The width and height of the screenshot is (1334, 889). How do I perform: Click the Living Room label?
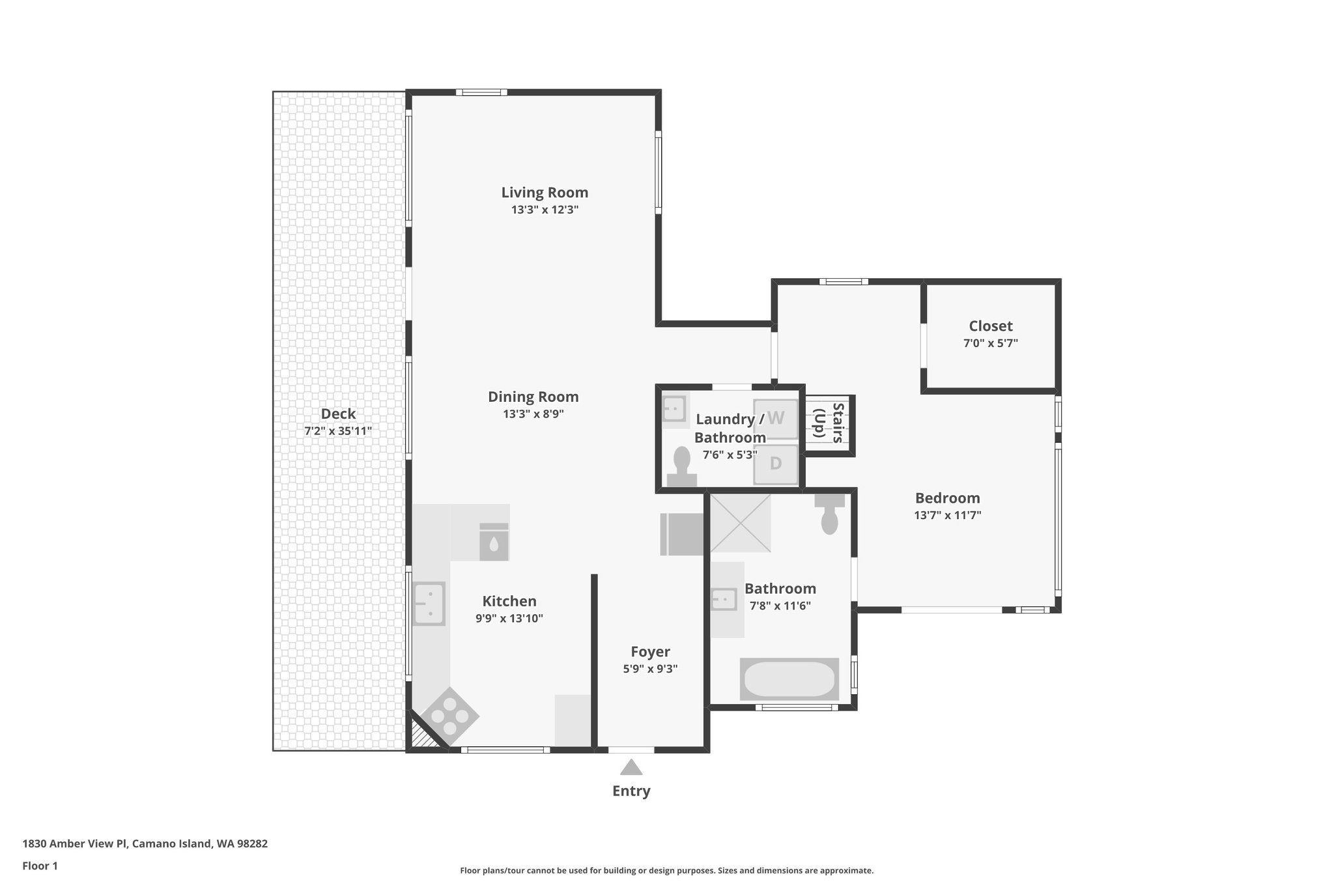point(545,193)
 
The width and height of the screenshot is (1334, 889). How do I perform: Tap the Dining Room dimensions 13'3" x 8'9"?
point(533,414)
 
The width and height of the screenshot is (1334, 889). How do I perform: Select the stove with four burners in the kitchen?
point(449,717)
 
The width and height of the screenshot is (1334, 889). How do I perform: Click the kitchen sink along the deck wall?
point(429,603)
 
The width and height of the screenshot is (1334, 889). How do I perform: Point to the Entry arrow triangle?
point(631,768)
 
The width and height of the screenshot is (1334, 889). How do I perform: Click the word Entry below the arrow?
point(631,791)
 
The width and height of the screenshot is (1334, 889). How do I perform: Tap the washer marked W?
point(776,418)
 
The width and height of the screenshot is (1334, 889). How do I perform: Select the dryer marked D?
point(775,464)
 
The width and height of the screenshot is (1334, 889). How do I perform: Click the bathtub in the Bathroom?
point(789,679)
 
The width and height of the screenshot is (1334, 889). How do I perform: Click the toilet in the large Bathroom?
point(829,515)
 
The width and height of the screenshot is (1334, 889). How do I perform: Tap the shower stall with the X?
point(740,523)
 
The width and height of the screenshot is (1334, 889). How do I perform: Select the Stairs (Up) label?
point(829,423)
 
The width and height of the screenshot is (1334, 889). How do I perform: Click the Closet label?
point(990,326)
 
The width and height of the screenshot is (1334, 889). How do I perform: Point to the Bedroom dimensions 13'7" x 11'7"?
point(947,515)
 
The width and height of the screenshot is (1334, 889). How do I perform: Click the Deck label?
point(338,414)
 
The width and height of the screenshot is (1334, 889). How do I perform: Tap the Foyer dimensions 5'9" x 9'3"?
point(650,669)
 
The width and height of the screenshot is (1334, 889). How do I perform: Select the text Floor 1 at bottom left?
point(40,866)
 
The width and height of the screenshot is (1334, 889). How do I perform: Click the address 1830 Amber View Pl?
point(75,843)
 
